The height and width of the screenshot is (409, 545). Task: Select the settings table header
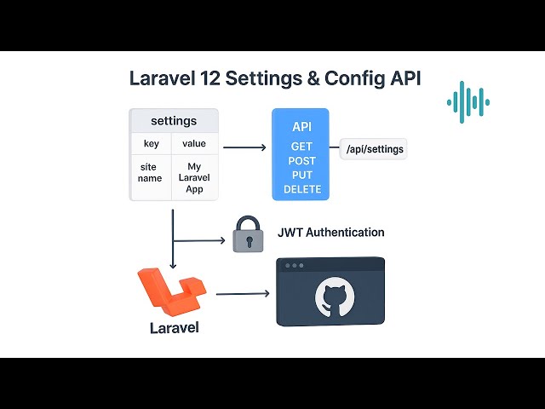(x=174, y=121)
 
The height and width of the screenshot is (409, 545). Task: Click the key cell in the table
(x=151, y=144)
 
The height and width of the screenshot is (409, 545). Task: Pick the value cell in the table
(x=194, y=144)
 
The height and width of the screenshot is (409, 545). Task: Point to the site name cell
(x=151, y=173)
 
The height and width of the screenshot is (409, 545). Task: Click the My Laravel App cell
(x=194, y=178)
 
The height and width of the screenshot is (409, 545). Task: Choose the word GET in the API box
(x=301, y=147)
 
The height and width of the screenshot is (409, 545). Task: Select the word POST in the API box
(x=301, y=161)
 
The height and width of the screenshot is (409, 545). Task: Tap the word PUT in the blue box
(x=301, y=175)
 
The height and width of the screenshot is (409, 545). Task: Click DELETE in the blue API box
(x=301, y=189)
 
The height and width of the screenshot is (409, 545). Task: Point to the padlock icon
(x=247, y=234)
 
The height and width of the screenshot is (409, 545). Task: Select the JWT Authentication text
(x=330, y=232)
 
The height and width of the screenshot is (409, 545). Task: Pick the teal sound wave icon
(x=468, y=102)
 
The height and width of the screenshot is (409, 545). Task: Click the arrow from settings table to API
(x=244, y=148)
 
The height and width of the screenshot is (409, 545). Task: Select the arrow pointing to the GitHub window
(x=243, y=294)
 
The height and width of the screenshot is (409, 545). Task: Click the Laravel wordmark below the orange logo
(x=174, y=327)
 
